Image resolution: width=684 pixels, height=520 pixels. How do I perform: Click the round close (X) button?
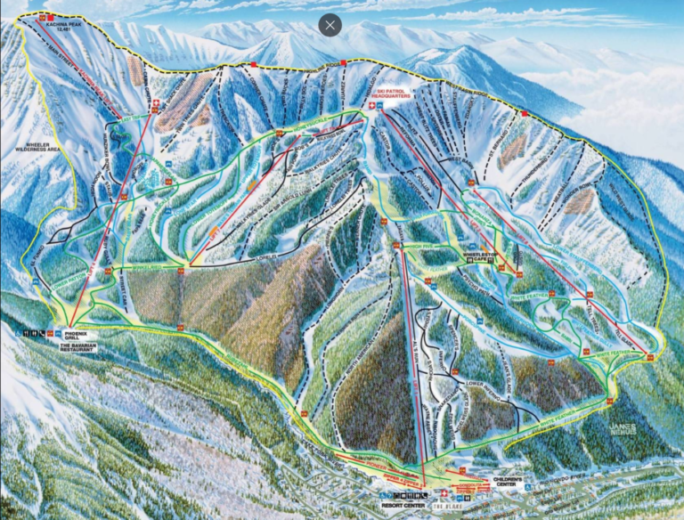click(x=330, y=25)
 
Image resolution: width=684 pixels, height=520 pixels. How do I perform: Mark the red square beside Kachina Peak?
click(x=52, y=17)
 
